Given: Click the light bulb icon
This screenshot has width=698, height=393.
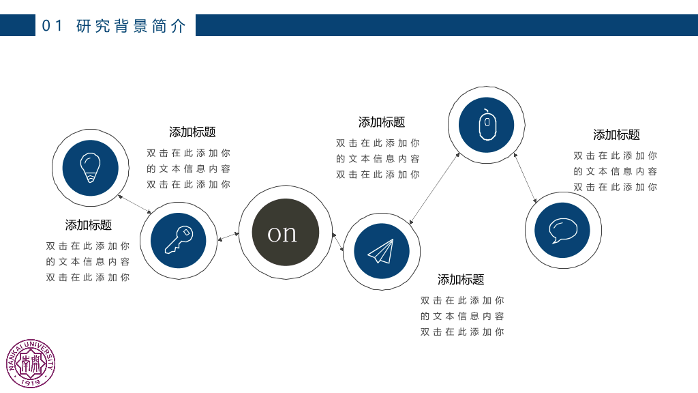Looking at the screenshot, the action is [x=91, y=168].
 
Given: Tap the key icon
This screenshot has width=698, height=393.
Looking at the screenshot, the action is [x=179, y=239].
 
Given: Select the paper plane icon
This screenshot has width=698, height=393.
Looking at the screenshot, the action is [x=381, y=251].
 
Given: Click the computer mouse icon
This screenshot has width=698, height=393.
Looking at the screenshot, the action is [x=487, y=125].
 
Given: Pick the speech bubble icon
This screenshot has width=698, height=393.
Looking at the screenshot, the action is [x=563, y=231].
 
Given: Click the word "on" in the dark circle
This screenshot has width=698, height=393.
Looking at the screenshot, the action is [x=282, y=233].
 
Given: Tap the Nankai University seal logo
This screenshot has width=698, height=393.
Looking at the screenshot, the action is [x=31, y=363].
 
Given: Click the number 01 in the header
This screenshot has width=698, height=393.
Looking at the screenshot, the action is [x=52, y=25].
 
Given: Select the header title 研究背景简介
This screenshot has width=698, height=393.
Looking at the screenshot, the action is [x=131, y=26].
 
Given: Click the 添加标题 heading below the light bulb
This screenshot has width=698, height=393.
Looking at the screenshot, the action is [x=88, y=225].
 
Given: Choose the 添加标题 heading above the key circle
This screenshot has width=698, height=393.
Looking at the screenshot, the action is [x=192, y=132].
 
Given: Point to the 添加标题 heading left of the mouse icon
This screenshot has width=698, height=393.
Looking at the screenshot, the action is [x=382, y=122].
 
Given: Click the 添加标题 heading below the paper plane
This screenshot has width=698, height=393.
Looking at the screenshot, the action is [x=461, y=279].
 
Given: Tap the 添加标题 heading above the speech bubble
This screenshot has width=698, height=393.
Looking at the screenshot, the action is [x=616, y=134].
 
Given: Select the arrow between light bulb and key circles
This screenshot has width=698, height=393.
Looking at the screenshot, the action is [x=135, y=204].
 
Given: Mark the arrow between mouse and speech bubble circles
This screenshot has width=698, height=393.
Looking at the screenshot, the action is [x=526, y=178].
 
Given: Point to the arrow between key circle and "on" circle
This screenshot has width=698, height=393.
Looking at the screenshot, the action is [x=228, y=237].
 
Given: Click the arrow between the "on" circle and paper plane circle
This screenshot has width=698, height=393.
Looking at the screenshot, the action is [x=338, y=242].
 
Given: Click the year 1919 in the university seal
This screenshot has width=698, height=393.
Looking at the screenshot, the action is [x=31, y=382].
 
